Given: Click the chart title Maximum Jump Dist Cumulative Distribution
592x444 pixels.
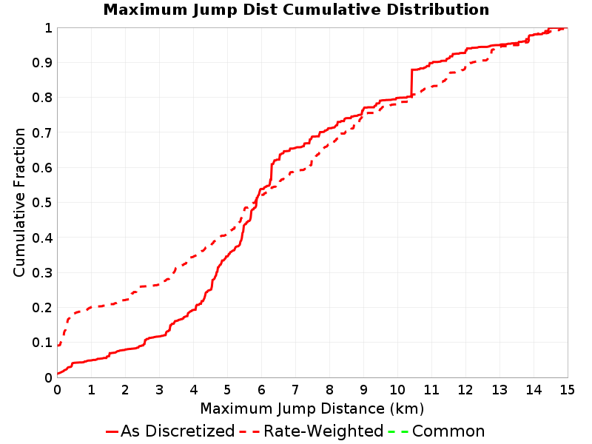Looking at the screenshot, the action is (296, 10).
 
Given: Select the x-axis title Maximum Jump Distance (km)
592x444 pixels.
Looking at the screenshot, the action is (312, 408).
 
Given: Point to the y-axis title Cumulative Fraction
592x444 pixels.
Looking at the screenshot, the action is (19, 202).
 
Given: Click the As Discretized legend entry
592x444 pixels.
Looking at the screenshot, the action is (170, 431).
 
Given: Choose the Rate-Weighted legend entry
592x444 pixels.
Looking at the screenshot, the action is (312, 431).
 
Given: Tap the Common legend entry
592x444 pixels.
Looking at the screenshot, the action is (437, 431).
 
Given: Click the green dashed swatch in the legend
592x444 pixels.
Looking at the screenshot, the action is (398, 431).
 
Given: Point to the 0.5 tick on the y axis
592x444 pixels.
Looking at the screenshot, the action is (42, 203).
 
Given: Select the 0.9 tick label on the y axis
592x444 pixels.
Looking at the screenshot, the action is (42, 63).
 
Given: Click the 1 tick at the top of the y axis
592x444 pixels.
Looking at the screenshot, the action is (48, 28).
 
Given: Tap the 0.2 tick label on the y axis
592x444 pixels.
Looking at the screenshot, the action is (42, 308).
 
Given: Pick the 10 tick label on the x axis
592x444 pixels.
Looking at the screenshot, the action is (397, 390).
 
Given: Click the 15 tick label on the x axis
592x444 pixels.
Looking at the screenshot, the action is (568, 390).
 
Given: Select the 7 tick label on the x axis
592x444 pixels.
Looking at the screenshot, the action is (295, 390).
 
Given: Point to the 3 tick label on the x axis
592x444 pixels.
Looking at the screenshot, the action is (159, 390).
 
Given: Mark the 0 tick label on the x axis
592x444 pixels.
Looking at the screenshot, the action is (58, 390).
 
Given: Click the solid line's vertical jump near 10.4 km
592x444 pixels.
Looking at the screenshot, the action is (411, 83).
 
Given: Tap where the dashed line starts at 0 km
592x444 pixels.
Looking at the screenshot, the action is (58, 346).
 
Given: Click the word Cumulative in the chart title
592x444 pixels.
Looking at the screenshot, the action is (332, 10).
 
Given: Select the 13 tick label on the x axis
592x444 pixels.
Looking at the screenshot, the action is (499, 390).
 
